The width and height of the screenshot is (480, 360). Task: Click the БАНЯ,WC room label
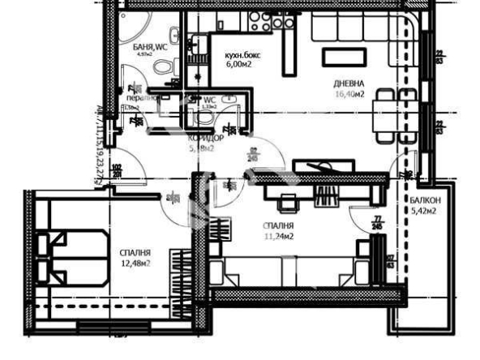150,48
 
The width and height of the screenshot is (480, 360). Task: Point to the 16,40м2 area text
349,94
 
